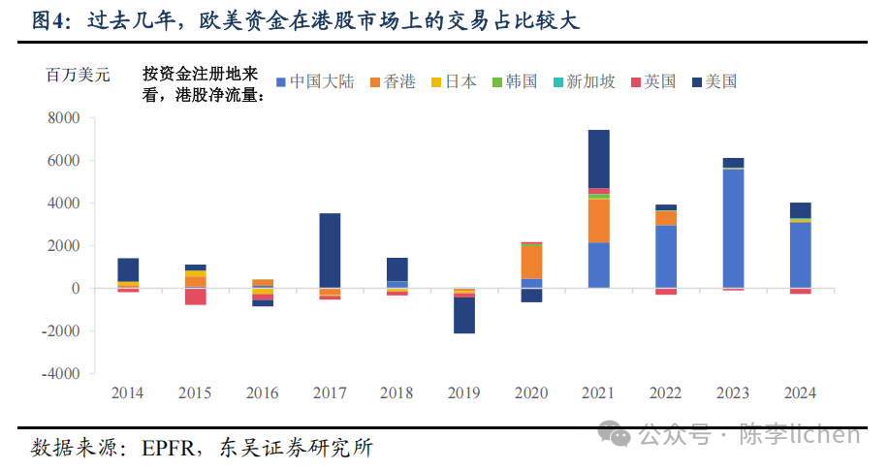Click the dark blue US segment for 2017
coord(330,250)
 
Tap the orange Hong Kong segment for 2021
coord(598,220)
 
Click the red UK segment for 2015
coord(196,297)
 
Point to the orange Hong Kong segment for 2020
coord(531,262)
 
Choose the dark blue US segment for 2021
coord(598,159)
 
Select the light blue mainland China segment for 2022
coord(666,257)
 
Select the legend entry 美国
coord(715,82)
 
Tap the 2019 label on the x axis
coord(464,393)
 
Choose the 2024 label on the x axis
coord(800,393)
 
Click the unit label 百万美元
coord(79,74)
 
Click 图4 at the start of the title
coord(47,21)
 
